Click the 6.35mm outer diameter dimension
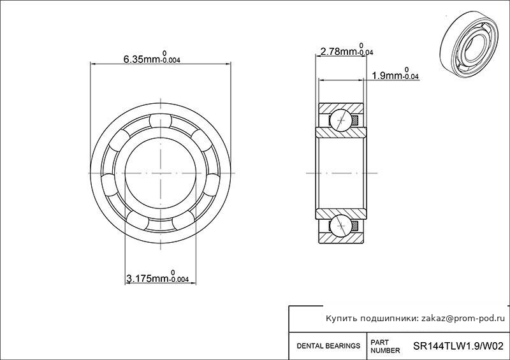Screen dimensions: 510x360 coord(152,57)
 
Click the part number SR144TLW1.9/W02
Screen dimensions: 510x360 coord(458,345)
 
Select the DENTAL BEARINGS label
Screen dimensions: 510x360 coord(328,346)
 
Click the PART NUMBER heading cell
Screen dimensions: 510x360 coord(385,347)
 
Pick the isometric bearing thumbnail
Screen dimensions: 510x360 coord(470,45)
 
